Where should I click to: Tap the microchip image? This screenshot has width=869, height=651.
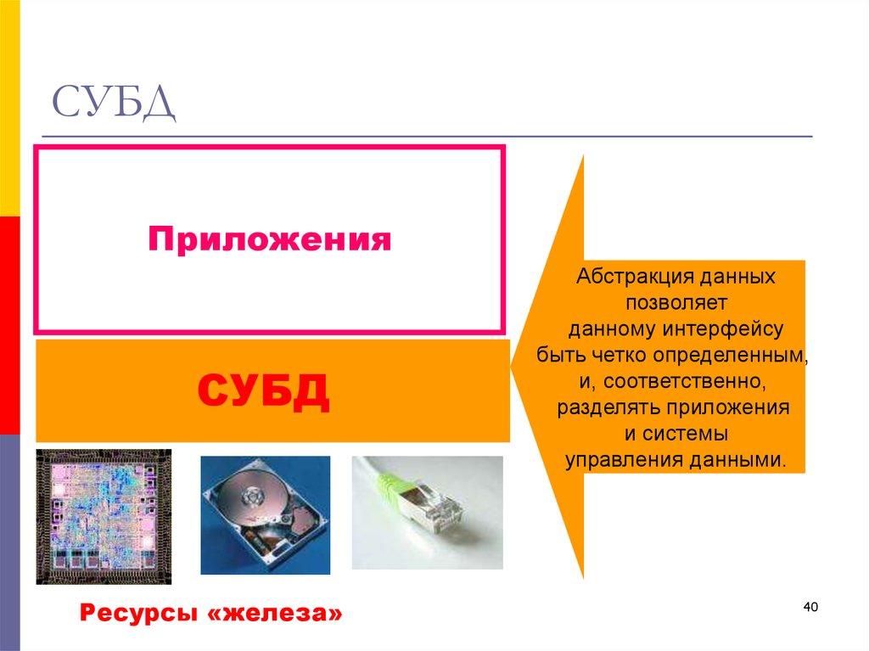tap(103, 515)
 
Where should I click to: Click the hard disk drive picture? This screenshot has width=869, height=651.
tap(265, 514)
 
